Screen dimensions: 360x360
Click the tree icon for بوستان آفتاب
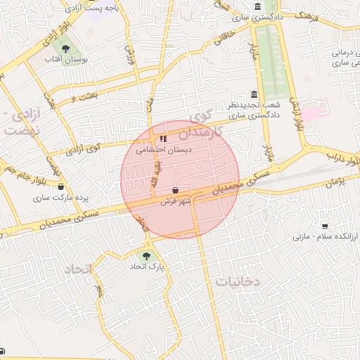pos(65,49)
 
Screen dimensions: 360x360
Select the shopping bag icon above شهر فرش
pos(175,190)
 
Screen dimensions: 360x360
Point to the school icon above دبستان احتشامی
pos(163,139)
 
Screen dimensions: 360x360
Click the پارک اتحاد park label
pos(146,267)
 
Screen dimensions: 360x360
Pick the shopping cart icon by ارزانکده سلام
pos(324,226)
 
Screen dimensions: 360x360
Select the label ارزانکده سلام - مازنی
pos(325,237)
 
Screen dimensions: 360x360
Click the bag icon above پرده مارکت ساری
pos(61,187)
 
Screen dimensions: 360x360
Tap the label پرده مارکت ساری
pos(61,198)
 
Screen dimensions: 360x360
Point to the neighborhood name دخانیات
pos(237,281)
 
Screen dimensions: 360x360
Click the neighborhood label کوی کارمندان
pos(204,123)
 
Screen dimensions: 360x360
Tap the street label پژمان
pos(337,182)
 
